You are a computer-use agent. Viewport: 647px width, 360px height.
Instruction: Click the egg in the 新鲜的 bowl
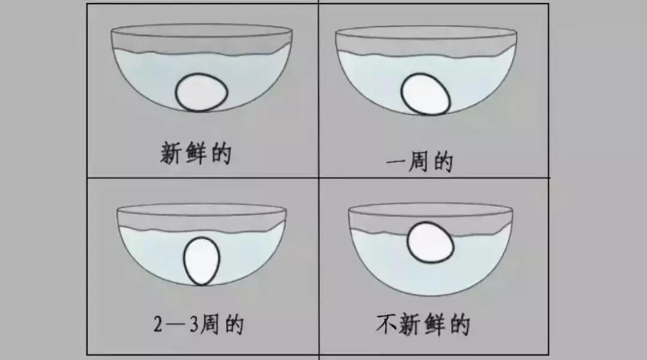[202, 93]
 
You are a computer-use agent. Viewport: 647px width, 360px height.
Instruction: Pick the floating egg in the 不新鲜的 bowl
[430, 242]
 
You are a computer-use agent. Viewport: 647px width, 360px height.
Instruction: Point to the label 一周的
[419, 162]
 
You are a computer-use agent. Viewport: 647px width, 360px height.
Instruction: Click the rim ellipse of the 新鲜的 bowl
[202, 31]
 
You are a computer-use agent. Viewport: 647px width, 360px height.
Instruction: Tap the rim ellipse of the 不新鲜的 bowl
[430, 208]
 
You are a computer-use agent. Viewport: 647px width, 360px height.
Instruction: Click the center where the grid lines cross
[319, 178]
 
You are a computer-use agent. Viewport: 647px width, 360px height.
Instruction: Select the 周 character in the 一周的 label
[419, 162]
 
